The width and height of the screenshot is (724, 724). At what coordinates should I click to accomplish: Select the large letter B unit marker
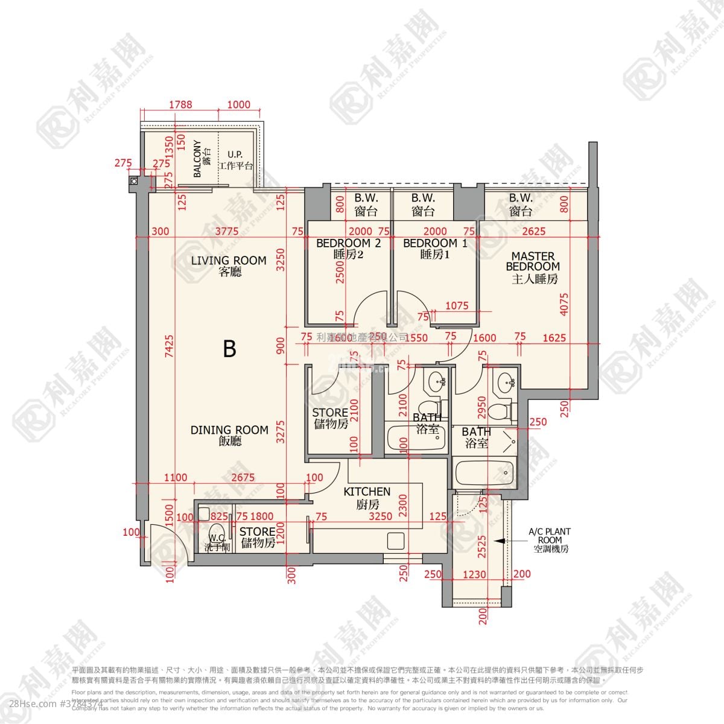[229, 349]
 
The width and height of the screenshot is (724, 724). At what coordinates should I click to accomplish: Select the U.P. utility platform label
[236, 160]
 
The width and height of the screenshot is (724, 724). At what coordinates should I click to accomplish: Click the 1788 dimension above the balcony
[180, 104]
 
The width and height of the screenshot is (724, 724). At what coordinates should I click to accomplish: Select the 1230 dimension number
[474, 575]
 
